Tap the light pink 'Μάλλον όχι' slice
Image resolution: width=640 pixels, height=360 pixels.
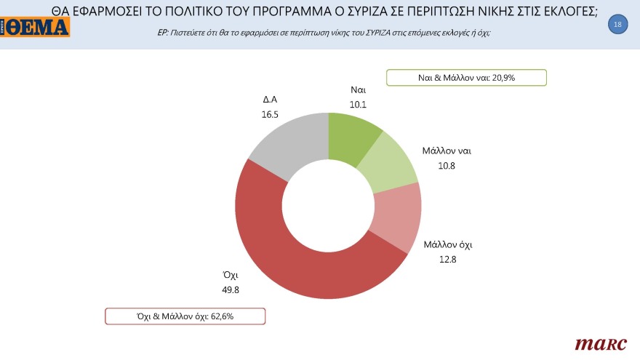pyautogui.click(x=399, y=217)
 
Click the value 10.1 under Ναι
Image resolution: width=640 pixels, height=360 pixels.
pyautogui.click(x=357, y=103)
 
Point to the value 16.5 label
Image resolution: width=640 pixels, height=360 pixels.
pyautogui.click(x=271, y=114)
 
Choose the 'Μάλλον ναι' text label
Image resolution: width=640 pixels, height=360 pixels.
pyautogui.click(x=447, y=151)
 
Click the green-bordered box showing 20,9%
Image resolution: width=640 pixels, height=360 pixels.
pyautogui.click(x=465, y=76)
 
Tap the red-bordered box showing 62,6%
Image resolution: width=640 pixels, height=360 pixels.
pyautogui.click(x=185, y=316)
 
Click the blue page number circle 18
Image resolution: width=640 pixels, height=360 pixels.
pyautogui.click(x=617, y=25)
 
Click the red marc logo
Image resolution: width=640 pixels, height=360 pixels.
pyautogui.click(x=601, y=343)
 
